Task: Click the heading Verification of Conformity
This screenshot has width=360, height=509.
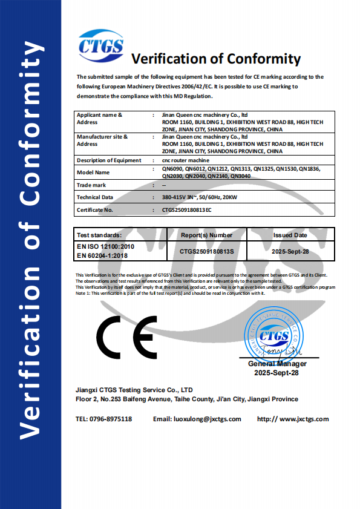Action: click(x=216, y=59)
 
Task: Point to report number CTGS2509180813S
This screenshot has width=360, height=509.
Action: click(x=206, y=251)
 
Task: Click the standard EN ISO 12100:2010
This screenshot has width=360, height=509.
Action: click(x=105, y=247)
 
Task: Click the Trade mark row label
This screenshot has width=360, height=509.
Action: click(x=91, y=185)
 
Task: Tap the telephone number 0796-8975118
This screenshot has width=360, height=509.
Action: click(x=111, y=419)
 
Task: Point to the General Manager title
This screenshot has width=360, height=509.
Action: click(x=277, y=364)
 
